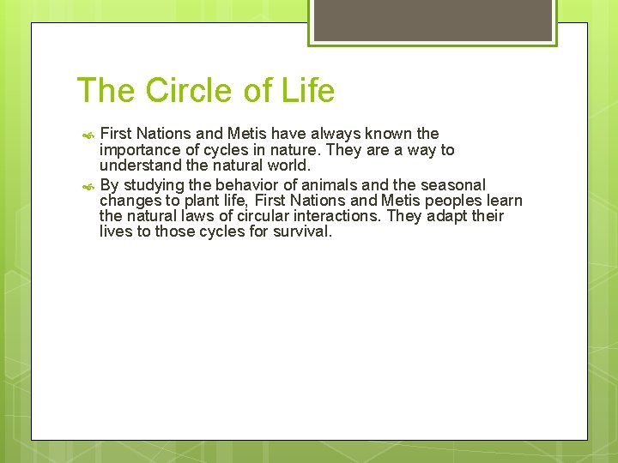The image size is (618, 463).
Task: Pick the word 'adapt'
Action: tap(445, 216)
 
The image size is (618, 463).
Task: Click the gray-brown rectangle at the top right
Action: tap(433, 19)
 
